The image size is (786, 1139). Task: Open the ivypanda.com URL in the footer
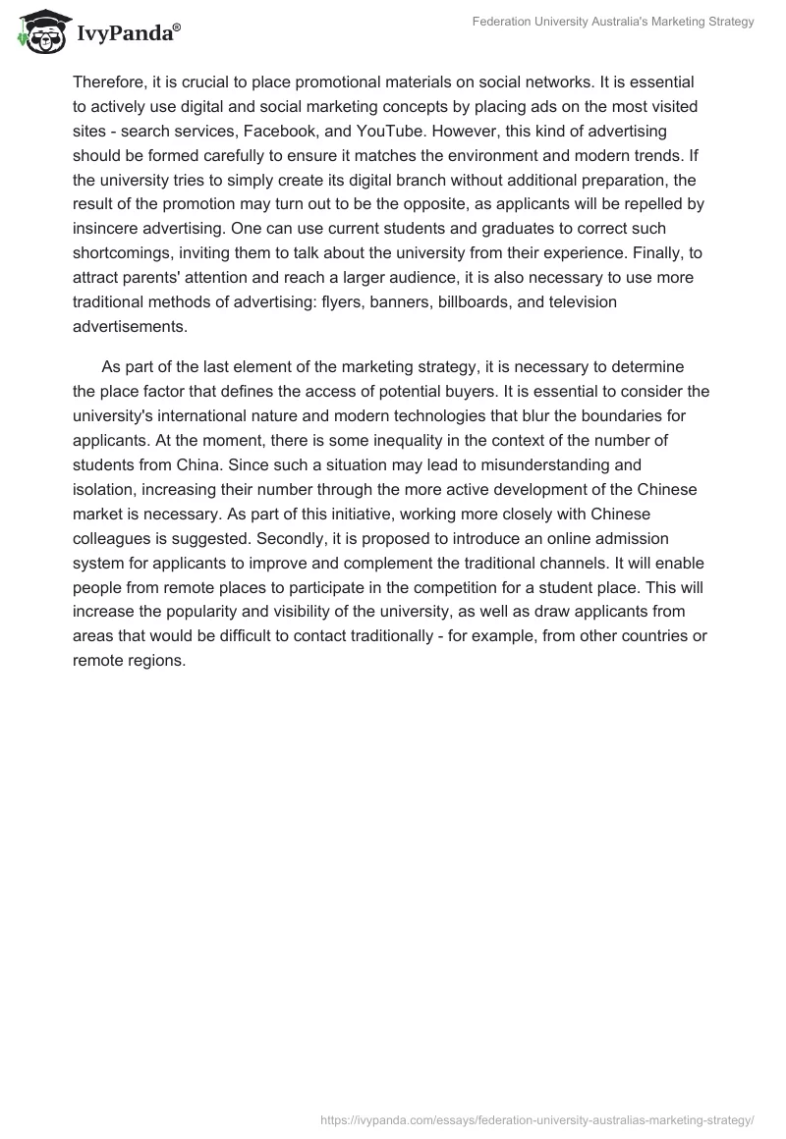coord(537,1118)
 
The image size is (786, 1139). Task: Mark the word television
coord(583,302)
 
